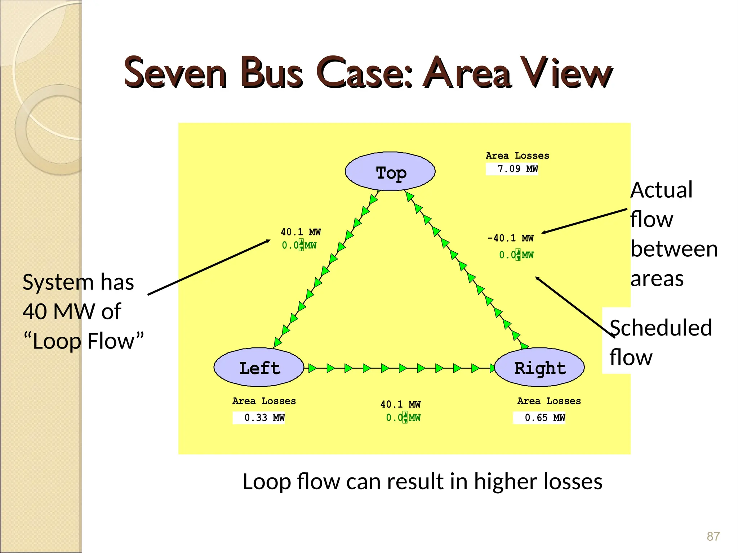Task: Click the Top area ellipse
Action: pyautogui.click(x=390, y=172)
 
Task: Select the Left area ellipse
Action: pyautogui.click(x=259, y=368)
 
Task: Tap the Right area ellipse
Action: pyautogui.click(x=539, y=368)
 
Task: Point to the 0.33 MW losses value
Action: pyautogui.click(x=264, y=418)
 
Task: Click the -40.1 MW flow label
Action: pyautogui.click(x=510, y=238)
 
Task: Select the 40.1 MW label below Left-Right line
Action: pyautogui.click(x=400, y=404)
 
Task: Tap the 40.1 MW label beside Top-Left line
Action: pyautogui.click(x=301, y=232)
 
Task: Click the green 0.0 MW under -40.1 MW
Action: pyautogui.click(x=516, y=255)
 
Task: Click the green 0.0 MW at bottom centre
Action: pyautogui.click(x=403, y=418)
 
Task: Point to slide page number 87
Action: pyautogui.click(x=713, y=536)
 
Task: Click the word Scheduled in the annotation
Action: pyautogui.click(x=661, y=328)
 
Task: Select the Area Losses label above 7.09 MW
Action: pyautogui.click(x=517, y=156)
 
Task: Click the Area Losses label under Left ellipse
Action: pyautogui.click(x=264, y=401)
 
